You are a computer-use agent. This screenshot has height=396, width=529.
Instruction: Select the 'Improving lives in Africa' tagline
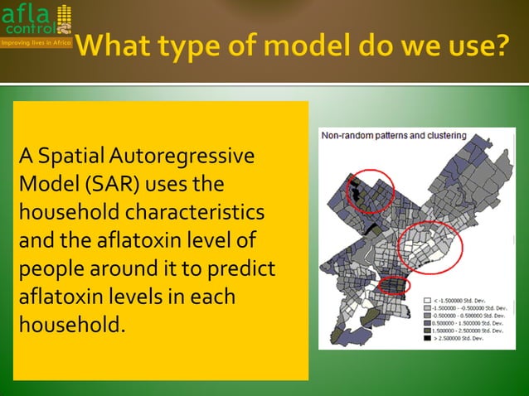point(36,41)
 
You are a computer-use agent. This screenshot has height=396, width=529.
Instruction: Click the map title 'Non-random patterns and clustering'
point(393,135)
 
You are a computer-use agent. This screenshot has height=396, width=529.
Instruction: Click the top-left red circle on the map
point(369,191)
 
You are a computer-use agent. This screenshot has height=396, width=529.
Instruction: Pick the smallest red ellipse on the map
point(394,286)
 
